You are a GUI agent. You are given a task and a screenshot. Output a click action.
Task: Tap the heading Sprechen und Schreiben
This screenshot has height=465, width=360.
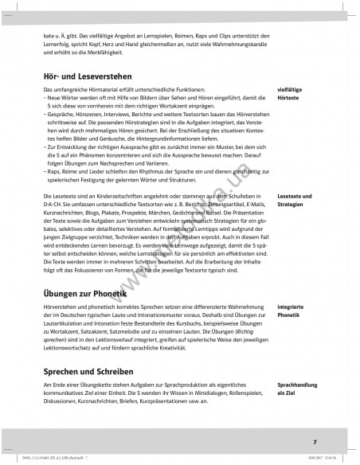tap(88, 370)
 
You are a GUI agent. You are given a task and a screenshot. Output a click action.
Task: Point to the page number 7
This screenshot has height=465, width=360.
tap(315, 441)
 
